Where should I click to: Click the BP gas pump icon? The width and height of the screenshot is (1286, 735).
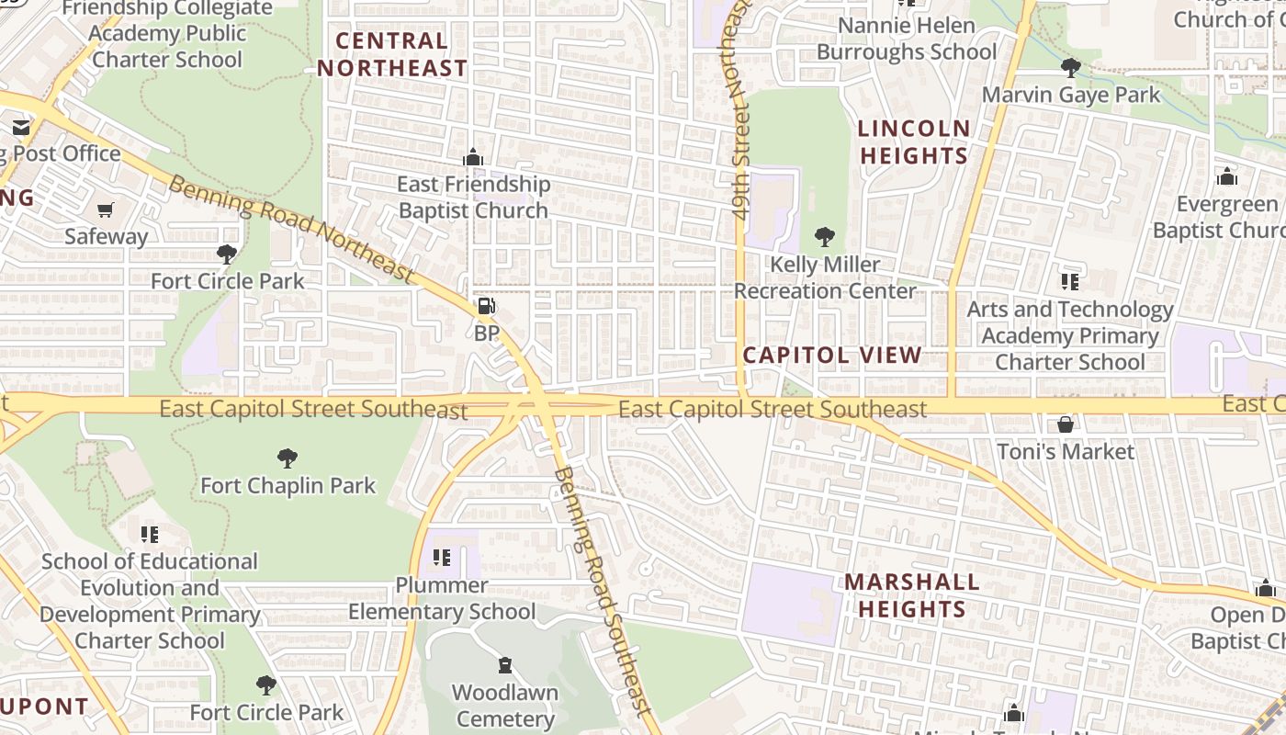[x=486, y=307]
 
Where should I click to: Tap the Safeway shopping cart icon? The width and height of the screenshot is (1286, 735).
[x=106, y=209]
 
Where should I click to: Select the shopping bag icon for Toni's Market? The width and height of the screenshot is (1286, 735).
[x=1066, y=424]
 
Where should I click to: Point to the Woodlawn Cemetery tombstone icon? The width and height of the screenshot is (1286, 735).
[x=504, y=665]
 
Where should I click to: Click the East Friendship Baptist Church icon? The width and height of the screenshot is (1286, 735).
[x=473, y=158]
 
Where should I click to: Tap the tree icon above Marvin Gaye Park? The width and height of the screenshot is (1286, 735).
[x=1070, y=67]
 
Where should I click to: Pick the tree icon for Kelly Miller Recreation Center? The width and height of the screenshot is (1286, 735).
[x=825, y=237]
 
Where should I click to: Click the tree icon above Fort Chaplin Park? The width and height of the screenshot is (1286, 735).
[x=288, y=458]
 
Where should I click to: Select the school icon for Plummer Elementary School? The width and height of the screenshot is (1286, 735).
[x=442, y=558]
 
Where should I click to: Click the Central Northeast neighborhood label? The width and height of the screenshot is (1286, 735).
[x=392, y=54]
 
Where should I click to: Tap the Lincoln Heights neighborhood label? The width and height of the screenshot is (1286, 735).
[x=914, y=141]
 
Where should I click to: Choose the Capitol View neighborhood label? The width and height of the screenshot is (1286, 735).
[x=832, y=356]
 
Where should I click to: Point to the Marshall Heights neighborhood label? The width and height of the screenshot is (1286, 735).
[x=911, y=594]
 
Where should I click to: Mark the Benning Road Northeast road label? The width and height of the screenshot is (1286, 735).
[x=292, y=228]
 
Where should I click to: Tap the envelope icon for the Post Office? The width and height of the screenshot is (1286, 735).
[x=21, y=128]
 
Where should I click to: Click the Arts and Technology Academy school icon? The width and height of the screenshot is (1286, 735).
[x=1069, y=282]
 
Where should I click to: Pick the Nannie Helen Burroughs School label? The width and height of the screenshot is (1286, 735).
[x=906, y=39]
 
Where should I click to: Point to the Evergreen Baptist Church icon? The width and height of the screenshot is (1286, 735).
[x=1227, y=176]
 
